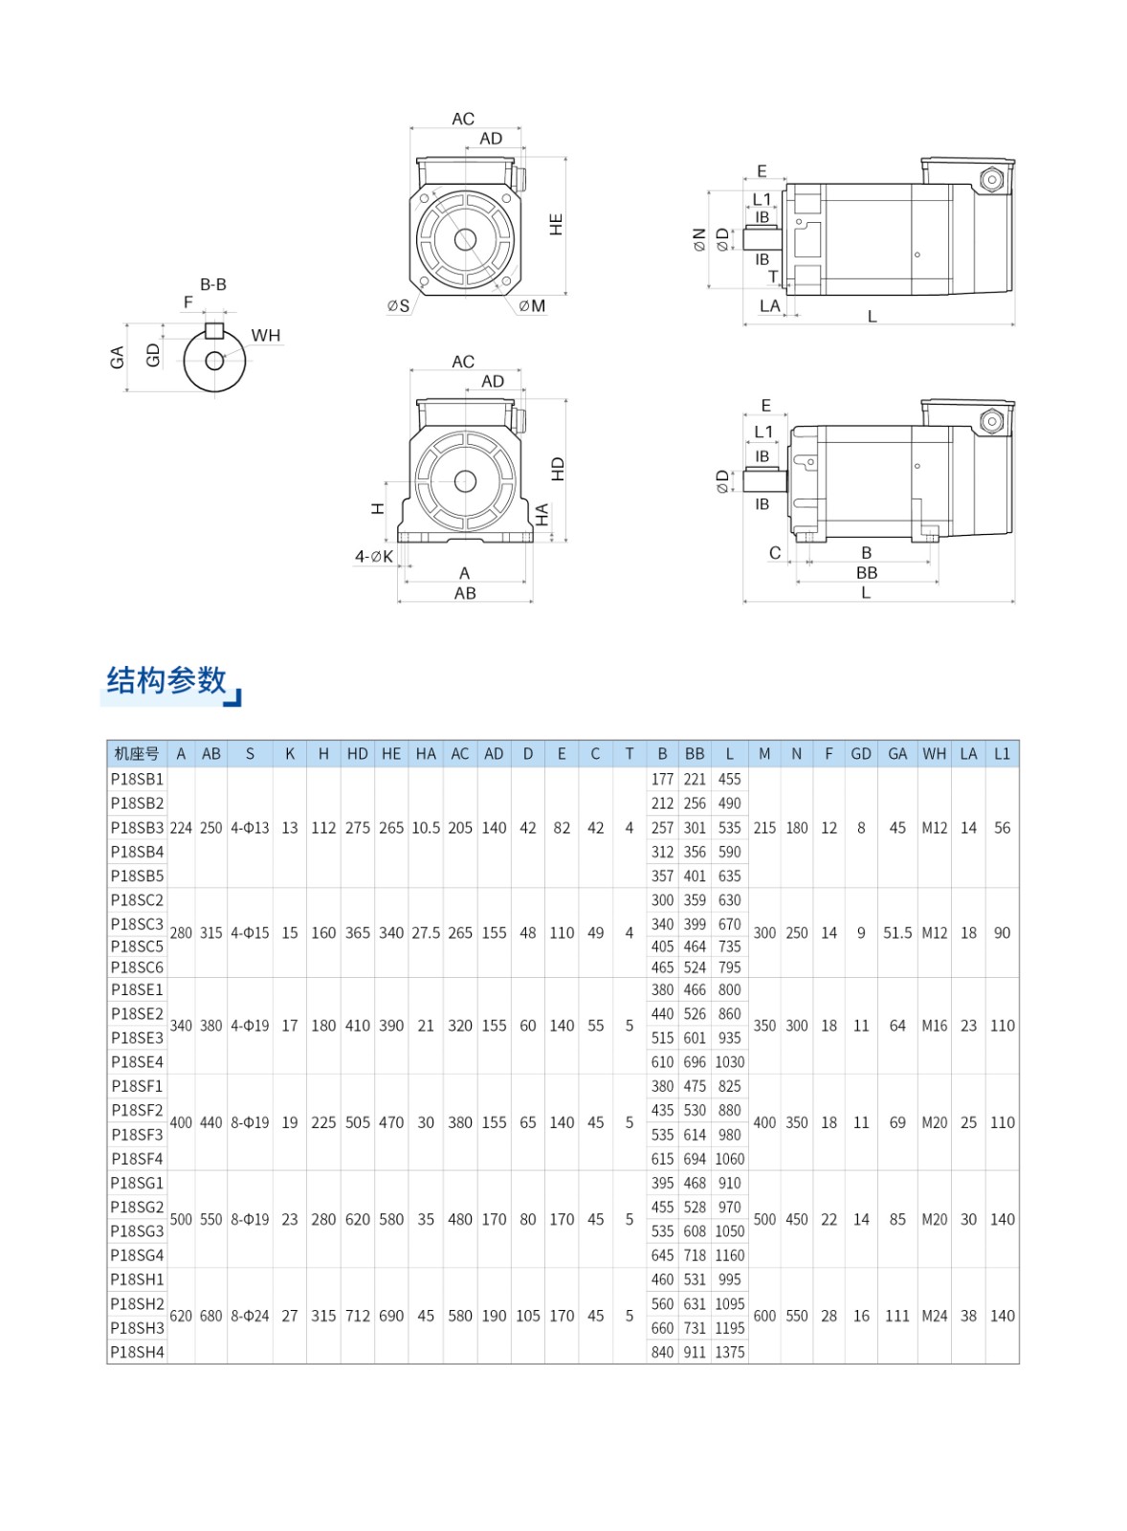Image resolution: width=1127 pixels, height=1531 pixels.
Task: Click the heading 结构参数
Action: (166, 680)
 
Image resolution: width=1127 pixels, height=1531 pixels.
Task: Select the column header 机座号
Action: (137, 754)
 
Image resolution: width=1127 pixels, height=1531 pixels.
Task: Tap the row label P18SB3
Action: (137, 828)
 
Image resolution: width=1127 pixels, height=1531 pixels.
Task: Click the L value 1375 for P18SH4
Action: (730, 1352)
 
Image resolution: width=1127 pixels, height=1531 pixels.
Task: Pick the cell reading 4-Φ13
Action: (250, 828)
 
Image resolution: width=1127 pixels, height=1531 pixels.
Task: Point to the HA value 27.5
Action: (426, 933)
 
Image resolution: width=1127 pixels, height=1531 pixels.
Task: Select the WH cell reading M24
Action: (935, 1316)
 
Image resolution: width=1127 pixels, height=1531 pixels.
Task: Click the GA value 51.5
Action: (897, 933)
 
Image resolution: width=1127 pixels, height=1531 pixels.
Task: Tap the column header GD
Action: (861, 754)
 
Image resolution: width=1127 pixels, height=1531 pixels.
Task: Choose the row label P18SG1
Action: (137, 1183)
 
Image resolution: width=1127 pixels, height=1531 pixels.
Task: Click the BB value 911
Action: (695, 1352)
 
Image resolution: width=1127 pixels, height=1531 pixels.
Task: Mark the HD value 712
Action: (358, 1316)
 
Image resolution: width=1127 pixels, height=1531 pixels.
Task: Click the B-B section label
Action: (213, 284)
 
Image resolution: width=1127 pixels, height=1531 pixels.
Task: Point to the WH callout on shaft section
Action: (266, 335)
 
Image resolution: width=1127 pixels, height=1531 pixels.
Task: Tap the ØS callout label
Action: (398, 306)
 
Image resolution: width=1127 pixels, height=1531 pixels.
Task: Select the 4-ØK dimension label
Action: (374, 556)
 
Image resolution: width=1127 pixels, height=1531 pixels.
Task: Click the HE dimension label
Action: (556, 225)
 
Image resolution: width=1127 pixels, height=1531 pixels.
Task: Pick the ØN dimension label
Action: (699, 239)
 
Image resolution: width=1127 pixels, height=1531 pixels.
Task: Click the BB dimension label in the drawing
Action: (867, 572)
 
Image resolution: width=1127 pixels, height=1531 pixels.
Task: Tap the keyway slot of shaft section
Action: (214, 331)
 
